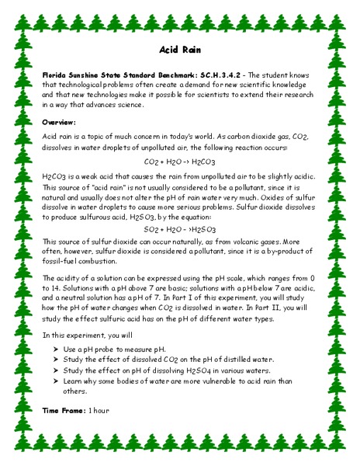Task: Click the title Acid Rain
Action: click(180, 49)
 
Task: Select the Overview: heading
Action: click(59, 123)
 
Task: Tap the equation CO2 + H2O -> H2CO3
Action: click(180, 162)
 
